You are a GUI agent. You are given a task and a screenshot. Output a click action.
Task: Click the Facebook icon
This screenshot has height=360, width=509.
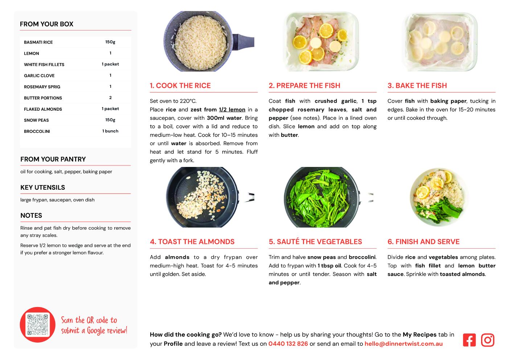coord(469,340)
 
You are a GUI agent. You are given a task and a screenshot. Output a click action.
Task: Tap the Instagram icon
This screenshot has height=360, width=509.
coord(487,340)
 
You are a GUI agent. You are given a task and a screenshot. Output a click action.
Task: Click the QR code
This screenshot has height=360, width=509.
coord(37,324)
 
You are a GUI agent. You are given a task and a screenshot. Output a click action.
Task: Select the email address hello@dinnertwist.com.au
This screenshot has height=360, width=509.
coord(403,344)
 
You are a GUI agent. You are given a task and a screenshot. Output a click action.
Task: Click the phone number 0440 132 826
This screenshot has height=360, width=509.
coord(288,344)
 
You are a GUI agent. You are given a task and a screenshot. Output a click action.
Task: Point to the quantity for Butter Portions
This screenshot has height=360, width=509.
coord(110,98)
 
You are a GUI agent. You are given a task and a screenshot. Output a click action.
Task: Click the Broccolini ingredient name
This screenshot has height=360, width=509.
coord(37,131)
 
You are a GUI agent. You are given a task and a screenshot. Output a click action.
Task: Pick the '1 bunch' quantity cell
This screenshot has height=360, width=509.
coord(110,131)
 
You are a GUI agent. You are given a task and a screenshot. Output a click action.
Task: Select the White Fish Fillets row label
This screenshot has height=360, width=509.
coord(44,65)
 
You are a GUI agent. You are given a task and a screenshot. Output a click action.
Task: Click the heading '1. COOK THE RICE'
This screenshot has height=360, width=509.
coord(180,85)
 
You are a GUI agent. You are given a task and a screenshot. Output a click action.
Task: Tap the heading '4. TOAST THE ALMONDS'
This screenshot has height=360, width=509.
coord(192,242)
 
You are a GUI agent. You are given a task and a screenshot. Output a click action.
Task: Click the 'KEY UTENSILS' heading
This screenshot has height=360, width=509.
coord(43,188)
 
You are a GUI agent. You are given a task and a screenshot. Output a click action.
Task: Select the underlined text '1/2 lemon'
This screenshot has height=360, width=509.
coord(232,110)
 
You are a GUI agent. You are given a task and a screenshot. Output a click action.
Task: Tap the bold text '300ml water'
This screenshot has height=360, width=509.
coord(224,118)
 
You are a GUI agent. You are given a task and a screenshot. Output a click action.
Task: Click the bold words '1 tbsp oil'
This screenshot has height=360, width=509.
coord(329,266)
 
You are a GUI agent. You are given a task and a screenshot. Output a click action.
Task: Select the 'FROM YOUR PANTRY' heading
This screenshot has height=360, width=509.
coord(53,159)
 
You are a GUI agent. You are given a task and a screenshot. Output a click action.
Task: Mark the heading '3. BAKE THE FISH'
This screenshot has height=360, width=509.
coord(417,85)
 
